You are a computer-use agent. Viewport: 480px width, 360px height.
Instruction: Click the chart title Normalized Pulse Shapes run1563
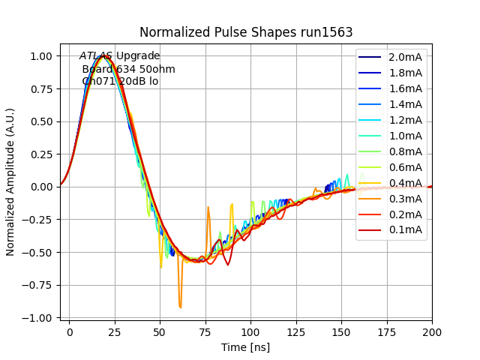pos(246,32)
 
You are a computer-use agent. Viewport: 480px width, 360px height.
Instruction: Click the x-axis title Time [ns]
pos(246,347)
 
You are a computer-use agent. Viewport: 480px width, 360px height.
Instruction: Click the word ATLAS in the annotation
pos(96,55)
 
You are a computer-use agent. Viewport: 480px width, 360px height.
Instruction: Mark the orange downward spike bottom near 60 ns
pos(180,307)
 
